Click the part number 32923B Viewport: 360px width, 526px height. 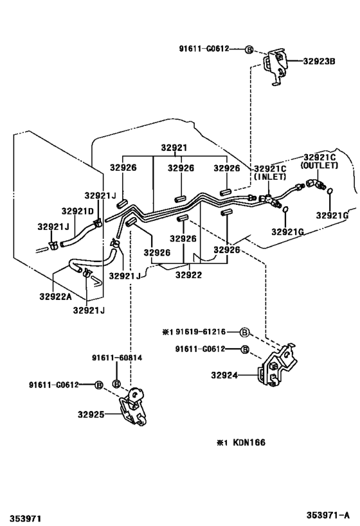(x=319, y=62)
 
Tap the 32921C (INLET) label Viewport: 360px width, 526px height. (x=270, y=172)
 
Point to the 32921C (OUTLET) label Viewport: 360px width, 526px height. (x=319, y=161)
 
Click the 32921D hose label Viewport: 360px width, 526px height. (x=78, y=211)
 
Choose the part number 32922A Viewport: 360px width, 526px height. (x=55, y=296)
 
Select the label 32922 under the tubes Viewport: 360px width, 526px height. (x=188, y=274)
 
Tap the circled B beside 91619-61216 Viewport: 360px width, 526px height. (x=244, y=332)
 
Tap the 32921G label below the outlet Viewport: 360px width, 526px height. (x=334, y=215)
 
